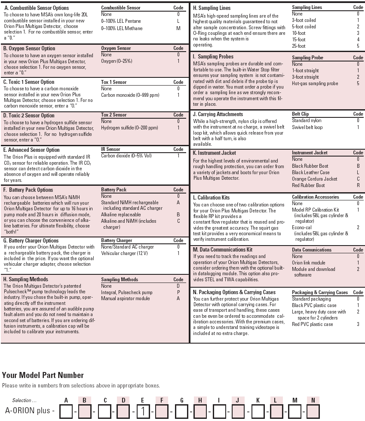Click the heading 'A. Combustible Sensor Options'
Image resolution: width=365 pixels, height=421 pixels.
(36, 8)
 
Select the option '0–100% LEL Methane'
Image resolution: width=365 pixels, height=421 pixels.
(122, 28)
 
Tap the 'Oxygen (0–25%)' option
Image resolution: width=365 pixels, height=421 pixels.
(117, 61)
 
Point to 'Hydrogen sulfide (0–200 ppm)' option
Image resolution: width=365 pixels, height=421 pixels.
(129, 128)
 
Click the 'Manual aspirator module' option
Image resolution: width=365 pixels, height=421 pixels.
(126, 298)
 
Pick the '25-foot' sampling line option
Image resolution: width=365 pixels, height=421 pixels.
(298, 46)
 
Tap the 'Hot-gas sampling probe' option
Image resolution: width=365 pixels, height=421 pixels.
(315, 83)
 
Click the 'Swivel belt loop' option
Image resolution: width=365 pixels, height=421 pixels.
(307, 127)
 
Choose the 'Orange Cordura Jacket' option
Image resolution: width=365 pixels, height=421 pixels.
(314, 179)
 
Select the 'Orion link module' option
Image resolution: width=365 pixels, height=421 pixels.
(308, 263)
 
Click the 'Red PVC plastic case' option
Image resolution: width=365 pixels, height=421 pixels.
(312, 324)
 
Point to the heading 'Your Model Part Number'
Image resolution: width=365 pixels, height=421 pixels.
(43, 375)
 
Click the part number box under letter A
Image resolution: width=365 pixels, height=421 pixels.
(66, 412)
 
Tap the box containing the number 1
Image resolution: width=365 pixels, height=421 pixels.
(143, 412)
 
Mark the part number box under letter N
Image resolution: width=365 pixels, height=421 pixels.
(313, 412)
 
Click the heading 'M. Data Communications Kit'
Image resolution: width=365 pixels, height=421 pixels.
(222, 249)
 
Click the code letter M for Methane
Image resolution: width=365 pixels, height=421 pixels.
(178, 28)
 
